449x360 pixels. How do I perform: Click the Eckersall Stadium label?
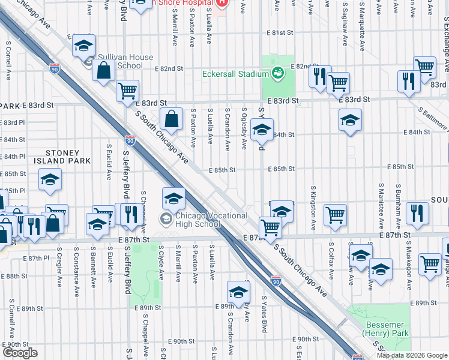coord(234,74)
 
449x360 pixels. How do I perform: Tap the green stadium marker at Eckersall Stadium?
coord(278,74)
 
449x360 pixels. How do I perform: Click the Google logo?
coord(20,353)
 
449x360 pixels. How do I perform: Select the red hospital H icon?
coord(222,2)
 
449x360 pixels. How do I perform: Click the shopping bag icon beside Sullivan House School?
coord(104,70)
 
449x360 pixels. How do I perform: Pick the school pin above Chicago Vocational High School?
coord(173,197)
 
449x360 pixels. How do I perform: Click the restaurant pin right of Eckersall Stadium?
coord(319,77)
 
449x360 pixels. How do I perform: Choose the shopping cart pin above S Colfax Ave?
coord(335,214)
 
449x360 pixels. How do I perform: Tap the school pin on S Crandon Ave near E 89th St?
coord(238,292)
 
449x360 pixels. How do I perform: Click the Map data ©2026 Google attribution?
coord(411,355)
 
